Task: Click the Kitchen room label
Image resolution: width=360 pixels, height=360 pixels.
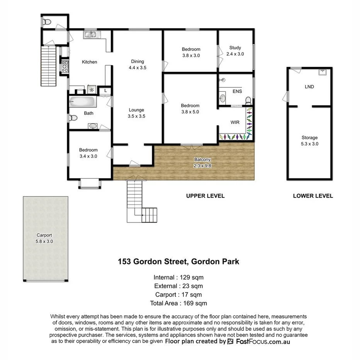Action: pos(89,62)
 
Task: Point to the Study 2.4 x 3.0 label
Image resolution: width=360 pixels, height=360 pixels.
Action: pos(235,51)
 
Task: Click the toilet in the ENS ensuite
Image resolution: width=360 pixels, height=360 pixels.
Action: pos(248,100)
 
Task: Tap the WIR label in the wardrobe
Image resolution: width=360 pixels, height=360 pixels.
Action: pos(235,122)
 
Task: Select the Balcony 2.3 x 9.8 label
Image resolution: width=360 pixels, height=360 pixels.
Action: pos(202,162)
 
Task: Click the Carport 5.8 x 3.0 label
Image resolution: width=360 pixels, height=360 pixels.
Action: pos(44,238)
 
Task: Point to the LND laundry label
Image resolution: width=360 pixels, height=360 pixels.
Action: pos(309,87)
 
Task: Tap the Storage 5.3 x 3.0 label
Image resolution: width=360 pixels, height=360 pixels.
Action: pos(309,140)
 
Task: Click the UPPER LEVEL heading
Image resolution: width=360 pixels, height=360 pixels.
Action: pos(205,196)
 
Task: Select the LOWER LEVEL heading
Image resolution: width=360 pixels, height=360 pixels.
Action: pos(312,196)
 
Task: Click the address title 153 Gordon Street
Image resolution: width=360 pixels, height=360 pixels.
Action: pos(178,262)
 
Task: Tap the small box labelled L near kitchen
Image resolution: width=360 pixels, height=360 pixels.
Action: pos(105,90)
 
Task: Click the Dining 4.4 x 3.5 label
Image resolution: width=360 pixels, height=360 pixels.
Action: pos(138,64)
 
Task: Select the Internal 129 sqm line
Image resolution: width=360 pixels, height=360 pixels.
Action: pos(178,277)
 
